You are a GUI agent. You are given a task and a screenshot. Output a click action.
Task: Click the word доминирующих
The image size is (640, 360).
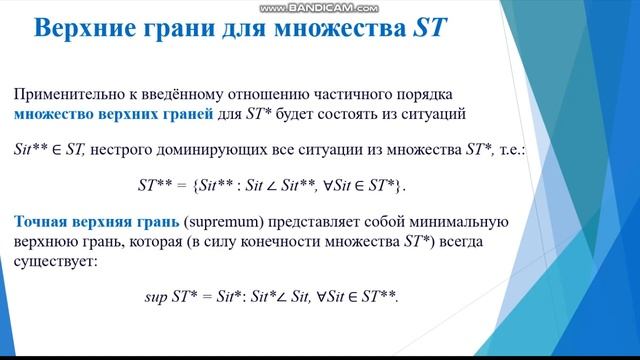click(211, 151)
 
